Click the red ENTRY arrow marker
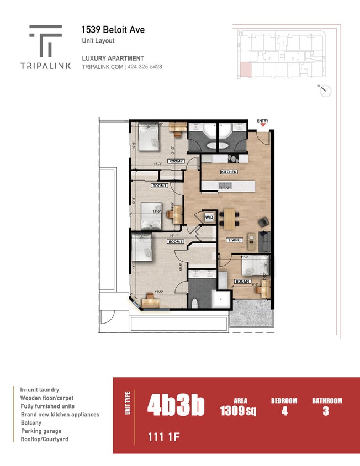coord(263,125)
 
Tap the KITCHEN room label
coord(229,172)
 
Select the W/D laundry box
coord(209,218)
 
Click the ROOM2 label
coord(176,161)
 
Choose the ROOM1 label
coord(176,242)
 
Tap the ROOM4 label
coord(242,281)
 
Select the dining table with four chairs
coord(229,218)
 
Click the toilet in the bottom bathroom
coord(195,303)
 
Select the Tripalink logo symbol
coord(45,40)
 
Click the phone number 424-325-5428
coord(145,67)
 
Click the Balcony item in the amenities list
coord(31,422)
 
